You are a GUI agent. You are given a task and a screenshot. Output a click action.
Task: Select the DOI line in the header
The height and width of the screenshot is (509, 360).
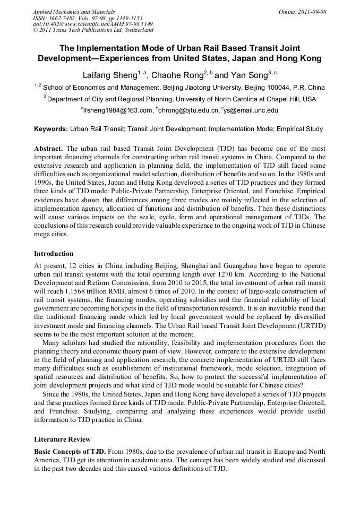pos(93,24)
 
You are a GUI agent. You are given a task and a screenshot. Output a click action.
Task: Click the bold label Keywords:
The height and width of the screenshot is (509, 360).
pos(51,129)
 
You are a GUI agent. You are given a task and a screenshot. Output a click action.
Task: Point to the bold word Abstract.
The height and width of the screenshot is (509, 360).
pos(48,148)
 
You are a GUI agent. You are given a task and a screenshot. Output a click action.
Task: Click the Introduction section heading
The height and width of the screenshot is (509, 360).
pos(54,253)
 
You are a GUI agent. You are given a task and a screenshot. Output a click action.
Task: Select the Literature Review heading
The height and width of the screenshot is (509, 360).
pos(62,439)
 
